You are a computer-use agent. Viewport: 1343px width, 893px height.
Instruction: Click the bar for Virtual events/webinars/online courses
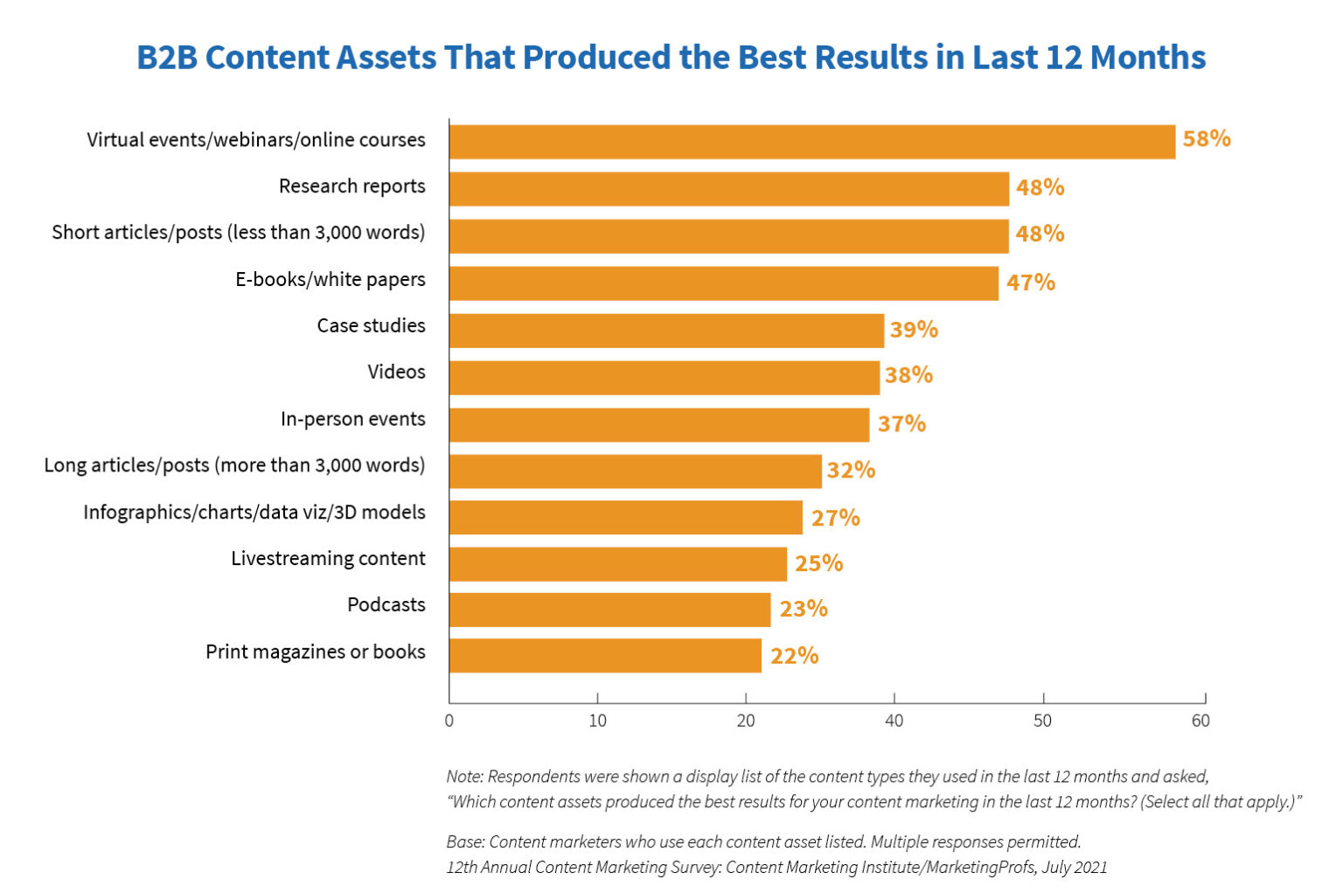[x=811, y=142]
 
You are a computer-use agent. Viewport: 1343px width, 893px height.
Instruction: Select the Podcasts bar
[x=609, y=610]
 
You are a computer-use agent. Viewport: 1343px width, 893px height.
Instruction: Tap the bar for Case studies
[x=666, y=331]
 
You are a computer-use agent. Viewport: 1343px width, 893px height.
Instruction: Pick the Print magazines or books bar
[x=605, y=656]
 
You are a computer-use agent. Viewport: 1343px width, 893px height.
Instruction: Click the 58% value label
[x=1207, y=139]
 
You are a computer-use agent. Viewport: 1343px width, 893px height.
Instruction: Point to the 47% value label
[x=1030, y=283]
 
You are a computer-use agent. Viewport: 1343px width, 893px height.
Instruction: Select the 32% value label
[x=851, y=471]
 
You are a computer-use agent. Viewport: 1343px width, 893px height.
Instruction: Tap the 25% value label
[x=818, y=563]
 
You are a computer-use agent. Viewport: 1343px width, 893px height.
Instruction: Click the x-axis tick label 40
[x=894, y=722]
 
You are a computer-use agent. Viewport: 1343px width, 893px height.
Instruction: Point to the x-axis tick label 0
[x=449, y=722]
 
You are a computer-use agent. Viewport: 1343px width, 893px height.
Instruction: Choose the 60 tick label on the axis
[x=1200, y=722]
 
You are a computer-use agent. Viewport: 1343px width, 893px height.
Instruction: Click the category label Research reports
[x=351, y=186]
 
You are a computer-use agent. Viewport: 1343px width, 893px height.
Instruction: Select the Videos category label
[x=396, y=372]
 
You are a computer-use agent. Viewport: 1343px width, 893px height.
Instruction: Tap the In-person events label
[x=352, y=419]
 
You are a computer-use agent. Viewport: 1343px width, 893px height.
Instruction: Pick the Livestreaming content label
[x=328, y=559]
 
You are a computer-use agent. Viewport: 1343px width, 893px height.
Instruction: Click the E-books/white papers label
[x=330, y=280]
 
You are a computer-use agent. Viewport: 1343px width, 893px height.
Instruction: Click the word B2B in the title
[x=166, y=58]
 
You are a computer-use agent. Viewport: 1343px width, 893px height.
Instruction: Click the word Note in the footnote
[x=463, y=777]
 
